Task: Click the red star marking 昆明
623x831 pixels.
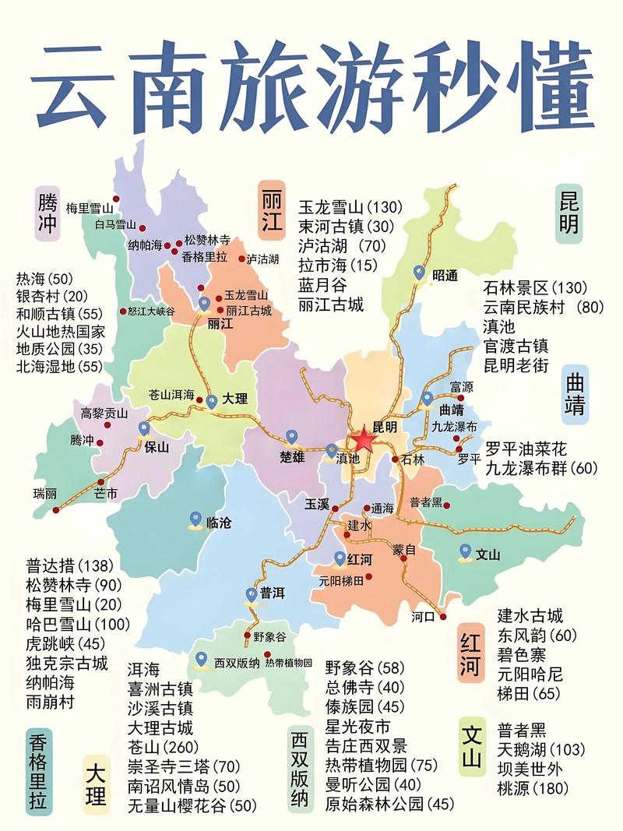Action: pos(362,440)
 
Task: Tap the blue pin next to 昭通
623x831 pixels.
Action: pos(420,273)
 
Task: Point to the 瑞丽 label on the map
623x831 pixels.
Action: pos(45,494)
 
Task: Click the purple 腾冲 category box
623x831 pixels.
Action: pos(47,213)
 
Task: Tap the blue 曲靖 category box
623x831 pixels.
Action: pos(575,393)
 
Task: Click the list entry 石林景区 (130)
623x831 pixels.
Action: pos(535,287)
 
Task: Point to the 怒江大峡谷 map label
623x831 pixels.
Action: pos(151,311)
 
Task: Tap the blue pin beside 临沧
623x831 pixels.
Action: pos(196,519)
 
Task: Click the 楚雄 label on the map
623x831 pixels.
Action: pos(291,457)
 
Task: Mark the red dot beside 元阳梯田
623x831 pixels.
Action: pos(369,577)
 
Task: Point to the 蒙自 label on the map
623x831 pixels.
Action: pos(404,548)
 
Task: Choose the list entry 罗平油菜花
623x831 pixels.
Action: pos(526,448)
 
